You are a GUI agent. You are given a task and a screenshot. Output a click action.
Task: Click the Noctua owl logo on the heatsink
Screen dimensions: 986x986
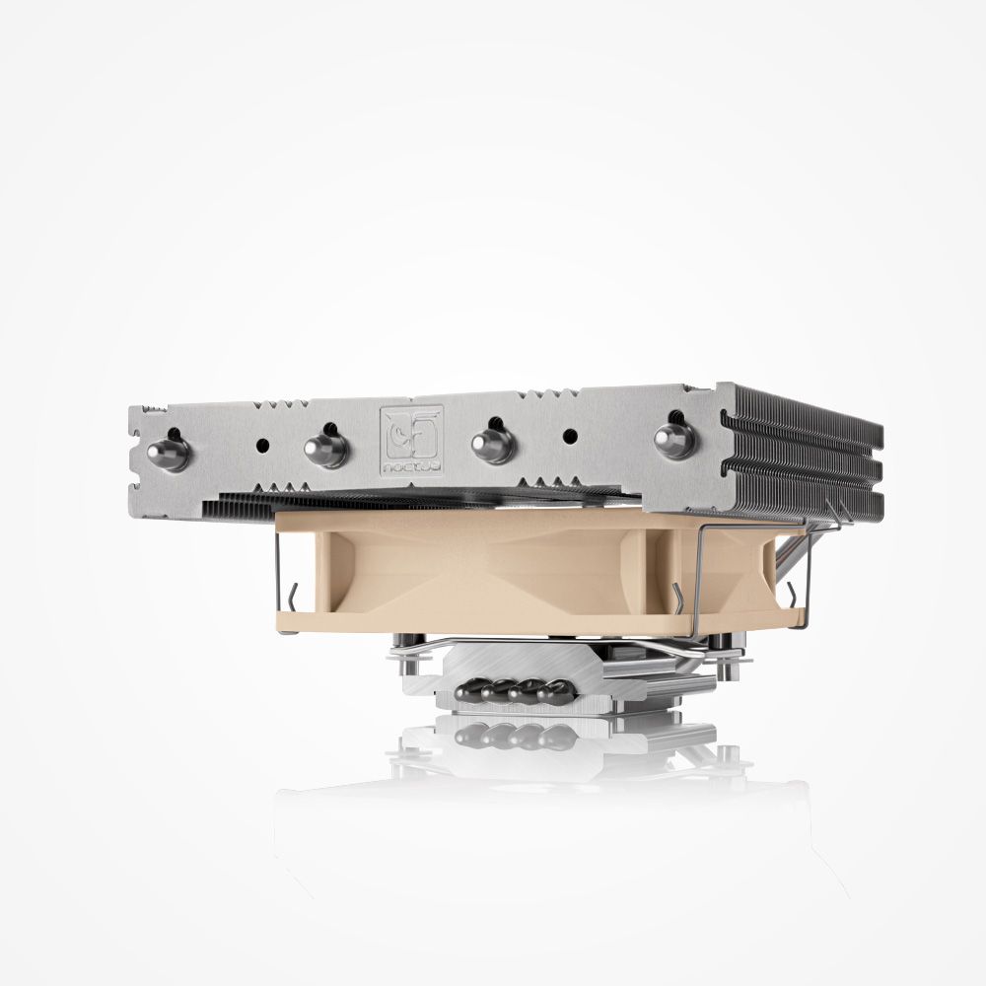pos(411,432)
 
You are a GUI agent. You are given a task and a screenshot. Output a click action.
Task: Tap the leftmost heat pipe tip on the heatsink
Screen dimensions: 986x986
pos(167,453)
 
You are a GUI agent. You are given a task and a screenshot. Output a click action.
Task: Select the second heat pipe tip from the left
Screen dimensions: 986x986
pos(326,449)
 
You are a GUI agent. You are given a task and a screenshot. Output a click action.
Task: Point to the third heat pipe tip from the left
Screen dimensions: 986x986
pos(492,444)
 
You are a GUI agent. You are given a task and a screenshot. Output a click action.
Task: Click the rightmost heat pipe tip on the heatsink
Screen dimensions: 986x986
pos(674,440)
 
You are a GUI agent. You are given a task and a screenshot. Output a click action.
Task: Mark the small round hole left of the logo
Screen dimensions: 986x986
pos(262,444)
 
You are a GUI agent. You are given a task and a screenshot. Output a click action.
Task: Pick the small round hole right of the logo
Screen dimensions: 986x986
pos(568,434)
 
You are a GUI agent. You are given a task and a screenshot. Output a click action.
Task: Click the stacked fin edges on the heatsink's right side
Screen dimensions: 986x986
pos(804,444)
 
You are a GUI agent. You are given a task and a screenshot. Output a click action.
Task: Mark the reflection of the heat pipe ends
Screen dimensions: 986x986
pos(513,736)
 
